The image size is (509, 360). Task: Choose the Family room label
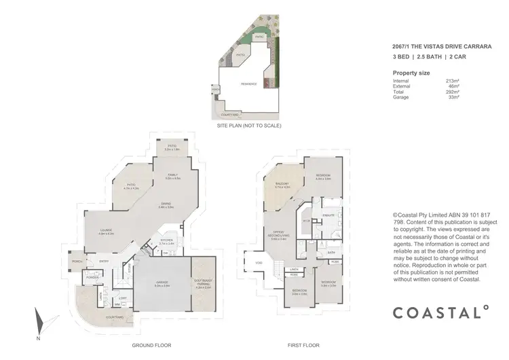coord(173,176)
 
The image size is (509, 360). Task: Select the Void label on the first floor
coord(259,263)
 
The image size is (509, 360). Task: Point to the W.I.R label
coord(306,221)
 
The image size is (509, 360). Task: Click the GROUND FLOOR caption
coord(151,346)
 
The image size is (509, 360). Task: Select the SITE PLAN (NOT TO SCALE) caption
coord(248,126)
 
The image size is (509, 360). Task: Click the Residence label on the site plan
coord(249,84)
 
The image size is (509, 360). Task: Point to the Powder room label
coord(93,278)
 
